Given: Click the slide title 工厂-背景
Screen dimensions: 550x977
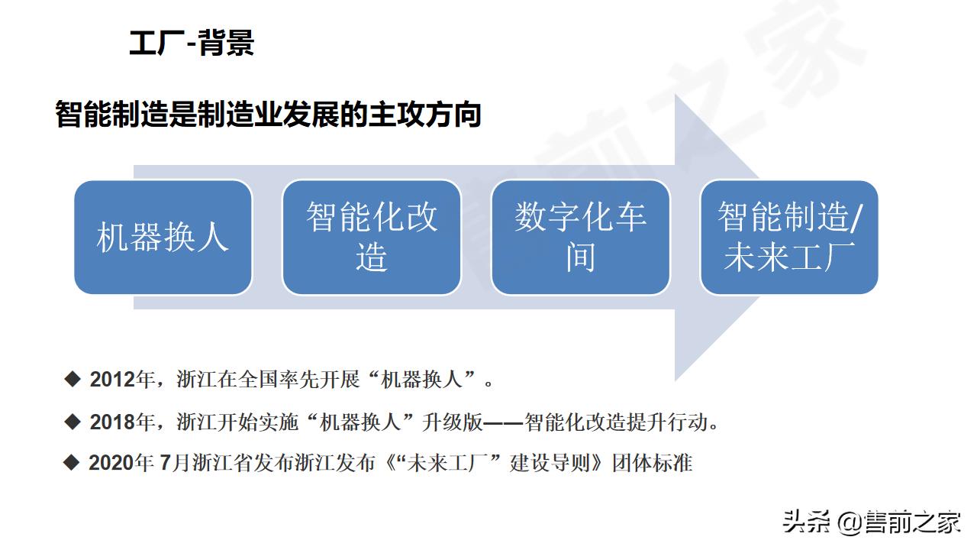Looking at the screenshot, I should coord(192,43).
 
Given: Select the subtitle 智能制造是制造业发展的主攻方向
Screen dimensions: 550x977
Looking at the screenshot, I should coord(268,115).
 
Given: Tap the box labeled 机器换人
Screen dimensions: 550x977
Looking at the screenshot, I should coord(163,237).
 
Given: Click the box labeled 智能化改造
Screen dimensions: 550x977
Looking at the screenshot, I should coord(372,237).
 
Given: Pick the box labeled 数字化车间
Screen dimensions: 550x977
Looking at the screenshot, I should coord(580,237).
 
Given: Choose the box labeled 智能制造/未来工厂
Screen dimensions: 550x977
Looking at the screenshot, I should coord(789,237).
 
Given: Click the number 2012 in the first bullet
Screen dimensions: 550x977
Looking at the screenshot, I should coord(111,379).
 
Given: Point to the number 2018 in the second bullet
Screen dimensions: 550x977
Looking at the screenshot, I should coord(111,422).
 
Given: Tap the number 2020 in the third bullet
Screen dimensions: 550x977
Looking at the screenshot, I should coord(111,463).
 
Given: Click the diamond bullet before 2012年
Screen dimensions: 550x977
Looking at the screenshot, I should coord(73,378).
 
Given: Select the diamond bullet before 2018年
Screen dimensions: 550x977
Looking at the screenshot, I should coord(73,421).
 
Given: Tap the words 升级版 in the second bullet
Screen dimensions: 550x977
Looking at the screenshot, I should coord(447,422).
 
